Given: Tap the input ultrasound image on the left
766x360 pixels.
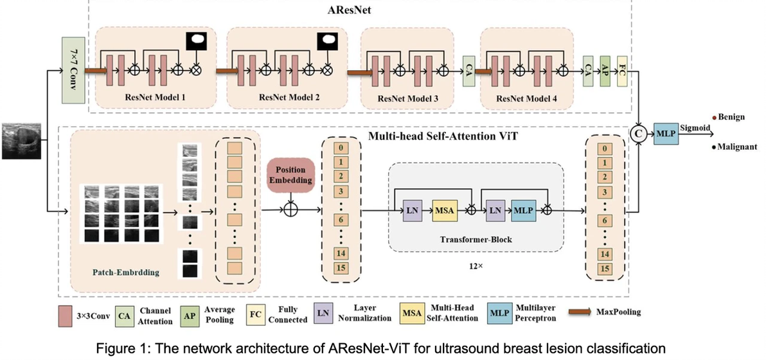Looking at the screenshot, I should [22, 141].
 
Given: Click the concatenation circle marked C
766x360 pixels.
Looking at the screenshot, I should [639, 134].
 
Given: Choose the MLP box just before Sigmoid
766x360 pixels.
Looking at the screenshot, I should [664, 134].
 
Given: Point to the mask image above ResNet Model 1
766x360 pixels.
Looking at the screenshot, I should [194, 42].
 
